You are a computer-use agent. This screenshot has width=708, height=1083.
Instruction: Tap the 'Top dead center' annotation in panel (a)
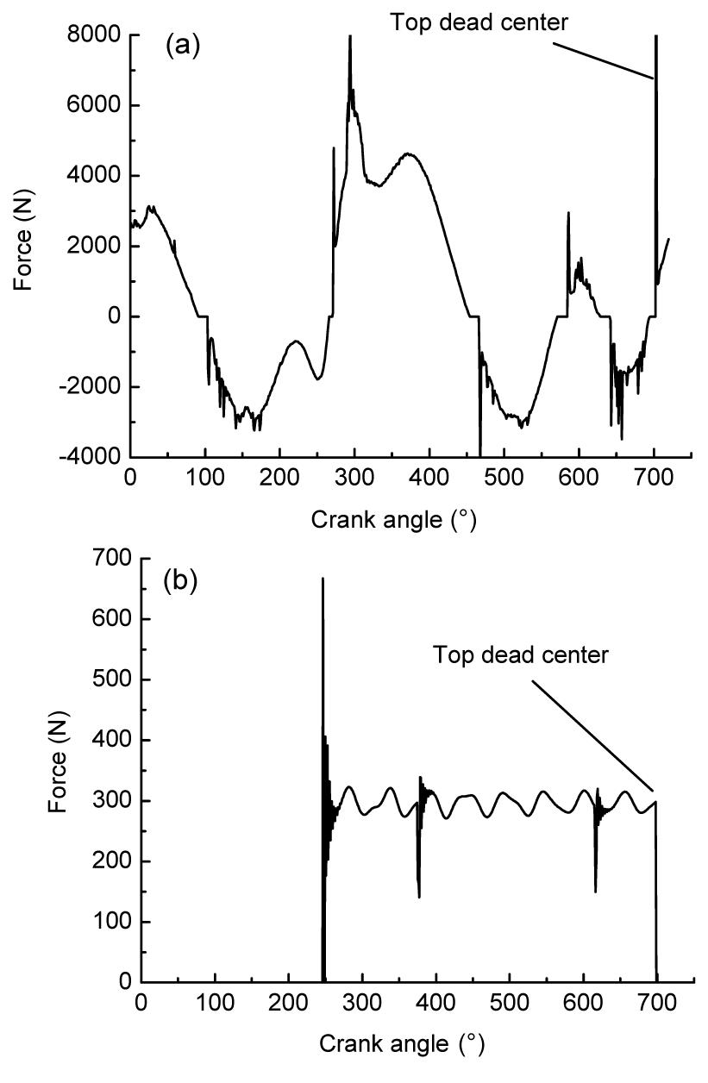pyautogui.click(x=479, y=22)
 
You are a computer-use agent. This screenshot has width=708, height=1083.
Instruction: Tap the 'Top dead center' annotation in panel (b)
pyautogui.click(x=521, y=654)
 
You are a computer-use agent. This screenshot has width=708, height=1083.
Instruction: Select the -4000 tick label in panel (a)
pyautogui.click(x=91, y=457)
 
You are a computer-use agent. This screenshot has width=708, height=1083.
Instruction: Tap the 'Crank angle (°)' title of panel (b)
pyautogui.click(x=402, y=1044)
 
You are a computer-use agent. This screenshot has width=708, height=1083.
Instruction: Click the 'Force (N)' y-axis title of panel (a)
pyautogui.click(x=27, y=246)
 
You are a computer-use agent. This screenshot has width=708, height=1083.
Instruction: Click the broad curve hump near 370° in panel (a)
pyautogui.click(x=407, y=154)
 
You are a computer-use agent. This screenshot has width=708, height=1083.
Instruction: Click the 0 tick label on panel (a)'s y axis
pyautogui.click(x=113, y=316)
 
